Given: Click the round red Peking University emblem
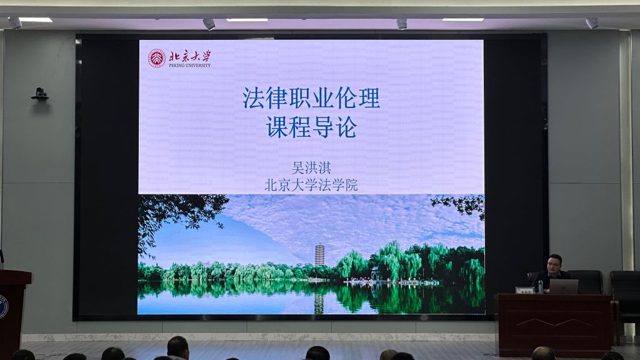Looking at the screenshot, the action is pos(156,58).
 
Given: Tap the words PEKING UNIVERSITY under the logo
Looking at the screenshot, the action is pos(190,65).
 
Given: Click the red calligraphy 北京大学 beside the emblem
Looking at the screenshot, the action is pos(190,56).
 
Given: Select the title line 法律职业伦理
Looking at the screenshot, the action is pos(311,98).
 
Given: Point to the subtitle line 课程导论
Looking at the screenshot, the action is pos(311,127).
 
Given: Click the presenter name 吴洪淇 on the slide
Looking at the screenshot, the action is pos(311,167).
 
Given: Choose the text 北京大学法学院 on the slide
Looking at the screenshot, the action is pos(311,185).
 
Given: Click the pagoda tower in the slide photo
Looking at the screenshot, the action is pos(319,255).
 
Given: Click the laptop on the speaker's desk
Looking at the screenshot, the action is pos(564,286).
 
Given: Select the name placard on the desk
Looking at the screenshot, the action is pos(525,290).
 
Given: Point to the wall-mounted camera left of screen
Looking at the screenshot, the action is pos(39,94).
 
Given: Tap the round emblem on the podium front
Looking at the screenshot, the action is pos(3,307).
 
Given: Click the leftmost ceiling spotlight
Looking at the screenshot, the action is pos(15,23).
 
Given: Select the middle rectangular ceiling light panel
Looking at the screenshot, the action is pos(247,19).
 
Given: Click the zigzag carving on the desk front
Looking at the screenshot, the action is pos(556,322).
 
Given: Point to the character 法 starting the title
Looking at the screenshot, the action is pos(253,98).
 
